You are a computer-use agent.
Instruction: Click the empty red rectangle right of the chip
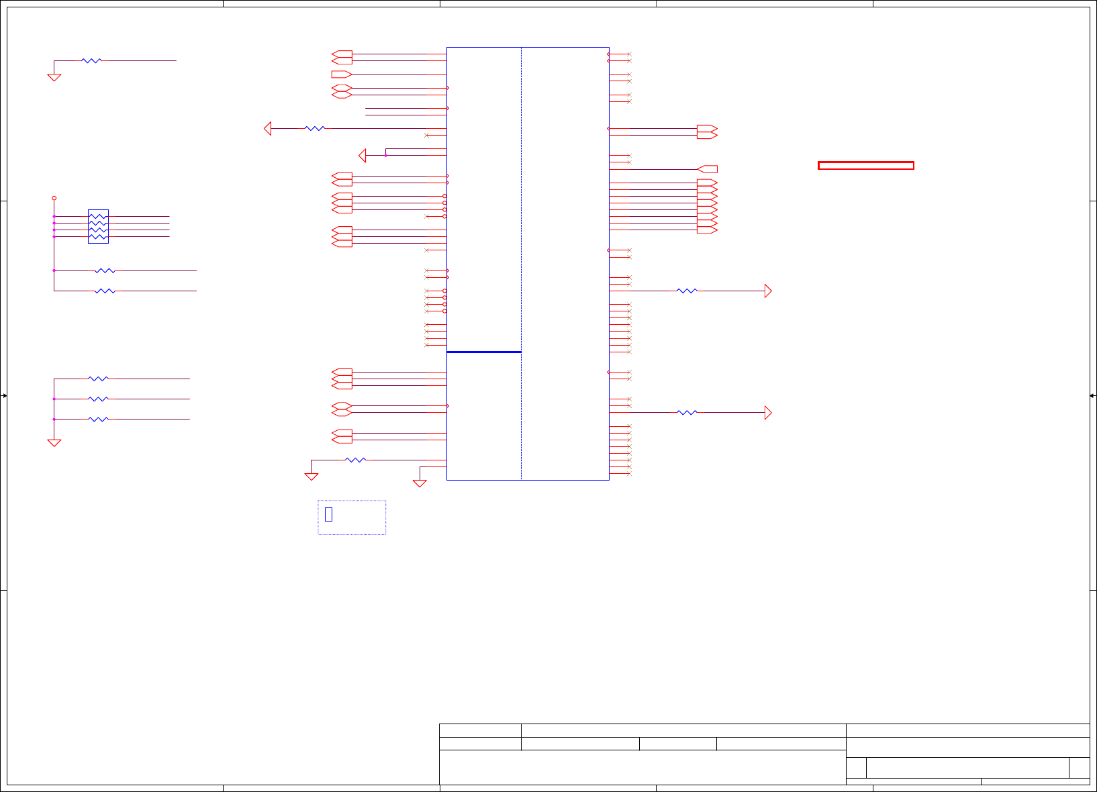click(865, 165)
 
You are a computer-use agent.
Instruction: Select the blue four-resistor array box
click(98, 226)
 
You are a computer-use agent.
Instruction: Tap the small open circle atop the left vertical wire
click(54, 198)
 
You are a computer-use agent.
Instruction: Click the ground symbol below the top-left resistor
click(54, 77)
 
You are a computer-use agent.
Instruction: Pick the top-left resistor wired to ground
click(91, 60)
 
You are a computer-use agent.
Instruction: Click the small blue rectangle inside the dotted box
click(328, 514)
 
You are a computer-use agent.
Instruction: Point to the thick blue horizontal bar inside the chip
click(483, 352)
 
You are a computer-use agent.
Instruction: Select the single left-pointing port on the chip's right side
click(708, 169)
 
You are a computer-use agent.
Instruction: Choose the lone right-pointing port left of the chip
click(341, 74)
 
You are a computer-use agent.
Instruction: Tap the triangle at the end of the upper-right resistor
click(768, 291)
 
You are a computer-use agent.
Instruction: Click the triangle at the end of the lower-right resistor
click(768, 412)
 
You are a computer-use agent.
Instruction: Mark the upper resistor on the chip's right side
click(687, 291)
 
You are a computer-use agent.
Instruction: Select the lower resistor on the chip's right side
click(687, 412)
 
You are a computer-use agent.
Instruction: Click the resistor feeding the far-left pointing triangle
click(314, 128)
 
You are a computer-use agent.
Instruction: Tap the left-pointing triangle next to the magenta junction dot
click(363, 155)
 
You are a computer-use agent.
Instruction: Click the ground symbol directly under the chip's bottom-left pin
click(420, 483)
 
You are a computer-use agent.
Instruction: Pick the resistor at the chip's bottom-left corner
click(355, 460)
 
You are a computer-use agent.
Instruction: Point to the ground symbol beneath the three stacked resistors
click(54, 442)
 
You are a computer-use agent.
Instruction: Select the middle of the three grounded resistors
click(98, 399)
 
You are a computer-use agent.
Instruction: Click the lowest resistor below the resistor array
click(105, 291)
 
